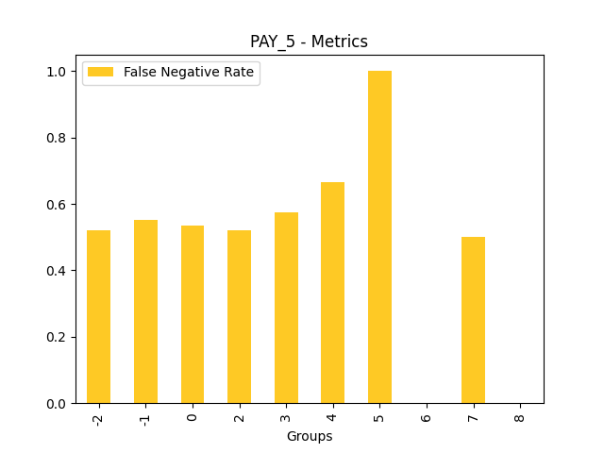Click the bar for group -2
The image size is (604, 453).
[98, 317]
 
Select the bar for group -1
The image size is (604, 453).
[145, 311]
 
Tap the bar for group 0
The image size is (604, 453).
[193, 314]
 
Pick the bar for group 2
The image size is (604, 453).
[239, 317]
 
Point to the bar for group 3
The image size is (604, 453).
[286, 308]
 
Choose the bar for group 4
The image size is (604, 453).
[332, 293]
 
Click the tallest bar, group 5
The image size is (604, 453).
[379, 237]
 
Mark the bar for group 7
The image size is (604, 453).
[473, 320]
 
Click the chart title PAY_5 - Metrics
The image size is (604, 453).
[309, 42]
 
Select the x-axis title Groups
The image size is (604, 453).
[310, 436]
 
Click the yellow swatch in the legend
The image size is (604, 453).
[100, 73]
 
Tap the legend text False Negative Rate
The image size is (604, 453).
[189, 73]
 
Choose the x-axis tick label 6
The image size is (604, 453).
[427, 415]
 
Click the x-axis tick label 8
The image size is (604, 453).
[520, 415]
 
